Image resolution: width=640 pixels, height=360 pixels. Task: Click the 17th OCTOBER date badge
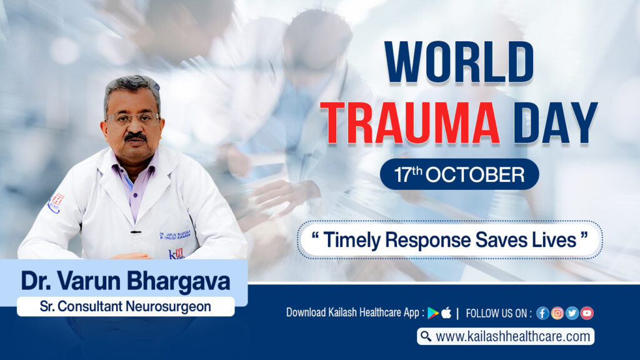(x=459, y=174)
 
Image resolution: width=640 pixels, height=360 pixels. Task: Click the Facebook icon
(x=542, y=313)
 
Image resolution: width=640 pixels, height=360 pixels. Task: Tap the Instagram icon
(x=557, y=313)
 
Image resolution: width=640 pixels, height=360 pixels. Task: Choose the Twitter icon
(x=572, y=313)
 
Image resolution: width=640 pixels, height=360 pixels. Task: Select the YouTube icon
(x=586, y=313)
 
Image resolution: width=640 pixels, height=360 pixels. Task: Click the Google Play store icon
(x=433, y=313)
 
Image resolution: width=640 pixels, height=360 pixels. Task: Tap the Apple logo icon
(x=446, y=313)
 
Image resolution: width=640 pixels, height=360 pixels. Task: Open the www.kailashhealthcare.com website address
(x=512, y=337)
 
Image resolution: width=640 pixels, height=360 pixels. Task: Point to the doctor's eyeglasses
(x=132, y=118)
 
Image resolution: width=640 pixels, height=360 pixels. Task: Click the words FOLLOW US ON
(x=499, y=313)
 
